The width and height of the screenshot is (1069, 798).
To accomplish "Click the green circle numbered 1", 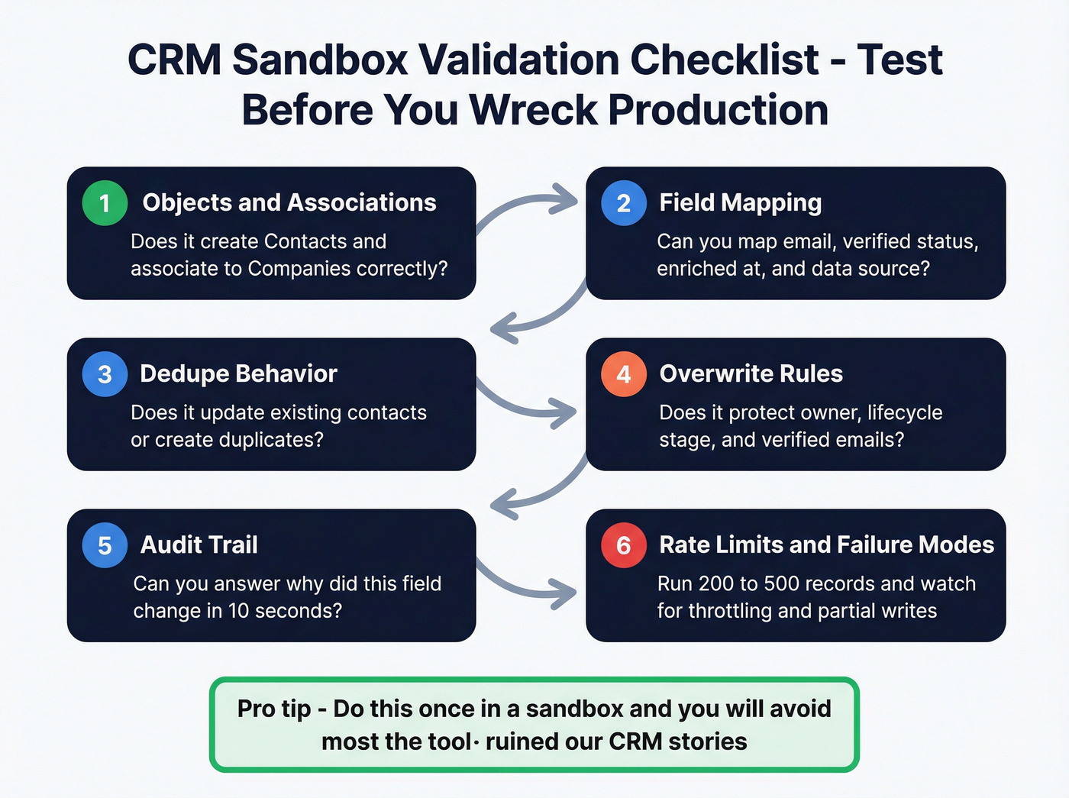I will click(x=105, y=203).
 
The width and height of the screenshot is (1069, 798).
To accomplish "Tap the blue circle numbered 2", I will click(x=623, y=203).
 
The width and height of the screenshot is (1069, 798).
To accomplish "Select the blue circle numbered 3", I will click(x=105, y=374).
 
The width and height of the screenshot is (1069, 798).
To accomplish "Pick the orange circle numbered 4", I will click(x=623, y=374).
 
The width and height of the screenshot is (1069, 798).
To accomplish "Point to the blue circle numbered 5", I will click(x=105, y=545).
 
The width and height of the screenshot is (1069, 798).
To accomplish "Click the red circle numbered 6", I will click(x=623, y=545).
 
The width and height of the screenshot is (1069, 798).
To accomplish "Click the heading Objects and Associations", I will click(x=289, y=202).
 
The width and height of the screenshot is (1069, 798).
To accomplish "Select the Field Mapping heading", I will click(x=740, y=203).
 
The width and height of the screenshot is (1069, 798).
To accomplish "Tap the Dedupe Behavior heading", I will click(x=238, y=373).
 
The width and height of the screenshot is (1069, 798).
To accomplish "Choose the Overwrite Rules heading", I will click(x=751, y=373).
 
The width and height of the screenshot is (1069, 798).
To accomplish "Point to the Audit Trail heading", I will click(x=199, y=544).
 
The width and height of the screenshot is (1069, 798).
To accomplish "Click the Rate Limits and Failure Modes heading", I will click(x=826, y=544).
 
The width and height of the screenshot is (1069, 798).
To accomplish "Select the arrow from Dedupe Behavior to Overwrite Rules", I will click(x=527, y=402).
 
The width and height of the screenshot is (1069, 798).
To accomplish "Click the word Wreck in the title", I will click(x=533, y=110).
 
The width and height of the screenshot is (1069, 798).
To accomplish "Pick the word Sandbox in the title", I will click(x=320, y=60).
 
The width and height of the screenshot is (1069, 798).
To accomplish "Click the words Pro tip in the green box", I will click(x=273, y=709).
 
